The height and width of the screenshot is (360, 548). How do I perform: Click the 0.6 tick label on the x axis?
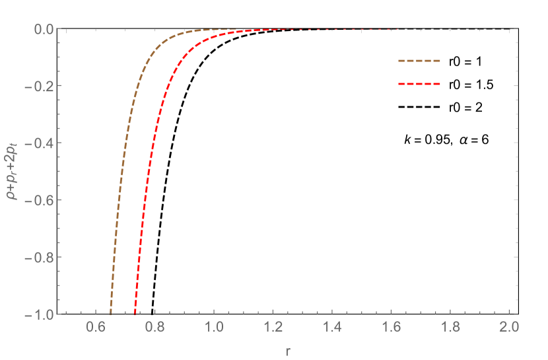96,327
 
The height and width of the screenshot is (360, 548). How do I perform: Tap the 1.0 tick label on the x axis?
213,327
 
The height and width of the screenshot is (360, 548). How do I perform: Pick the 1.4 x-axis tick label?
331,327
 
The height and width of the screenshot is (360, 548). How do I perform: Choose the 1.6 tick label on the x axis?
390,327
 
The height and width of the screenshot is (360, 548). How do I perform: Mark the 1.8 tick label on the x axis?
450,327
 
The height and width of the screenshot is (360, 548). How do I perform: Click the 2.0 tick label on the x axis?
508,327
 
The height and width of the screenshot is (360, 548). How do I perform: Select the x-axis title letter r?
288,350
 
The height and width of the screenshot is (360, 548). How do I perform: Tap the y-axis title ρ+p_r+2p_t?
14,171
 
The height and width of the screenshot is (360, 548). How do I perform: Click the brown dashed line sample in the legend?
419,61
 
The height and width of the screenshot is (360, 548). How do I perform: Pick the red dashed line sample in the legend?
419,84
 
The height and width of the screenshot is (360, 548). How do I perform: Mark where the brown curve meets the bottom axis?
110,312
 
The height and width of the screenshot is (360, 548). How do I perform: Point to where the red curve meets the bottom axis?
135,312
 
